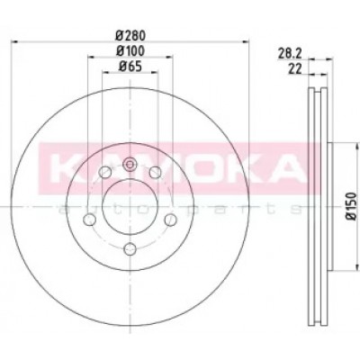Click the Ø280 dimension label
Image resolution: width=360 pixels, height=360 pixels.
(x=130, y=36)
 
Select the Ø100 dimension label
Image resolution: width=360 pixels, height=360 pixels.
(x=130, y=51)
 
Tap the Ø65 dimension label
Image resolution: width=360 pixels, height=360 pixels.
(x=130, y=67)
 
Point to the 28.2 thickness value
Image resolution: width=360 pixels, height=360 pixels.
(x=289, y=54)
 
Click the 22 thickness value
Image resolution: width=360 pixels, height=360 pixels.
(x=294, y=69)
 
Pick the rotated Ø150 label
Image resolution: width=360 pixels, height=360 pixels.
(x=352, y=207)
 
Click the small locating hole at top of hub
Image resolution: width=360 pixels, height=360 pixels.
(x=130, y=165)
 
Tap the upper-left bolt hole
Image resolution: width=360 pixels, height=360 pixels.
(x=105, y=172)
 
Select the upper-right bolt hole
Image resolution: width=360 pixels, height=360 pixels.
(x=155, y=172)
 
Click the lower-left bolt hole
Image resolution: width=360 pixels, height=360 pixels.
(x=89, y=220)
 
